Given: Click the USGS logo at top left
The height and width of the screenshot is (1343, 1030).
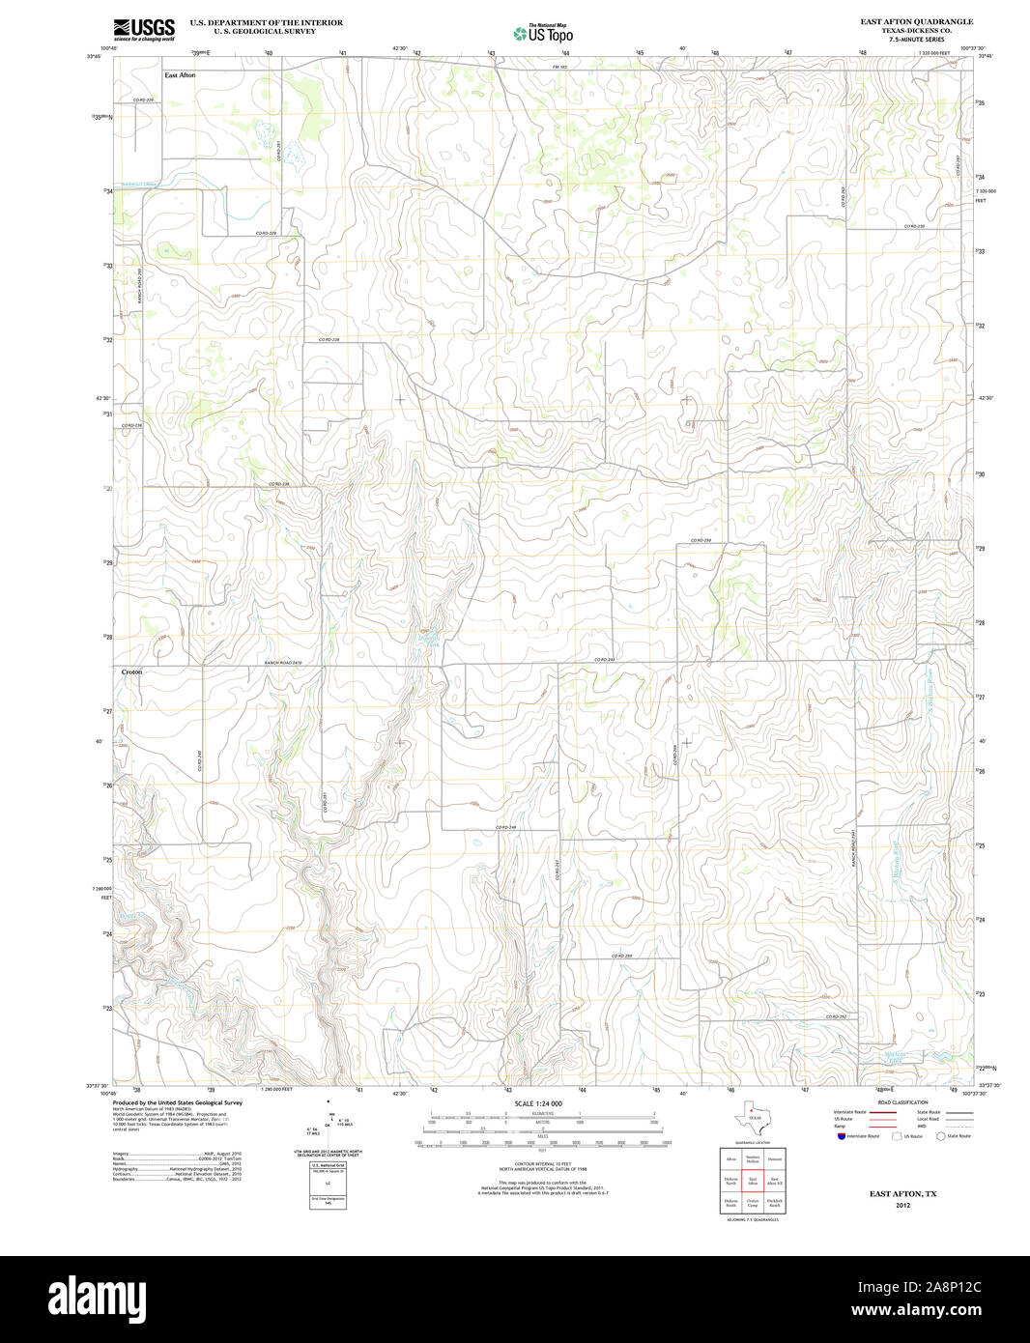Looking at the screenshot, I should click(143, 29).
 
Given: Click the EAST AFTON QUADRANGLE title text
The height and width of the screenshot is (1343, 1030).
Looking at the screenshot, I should click(917, 21).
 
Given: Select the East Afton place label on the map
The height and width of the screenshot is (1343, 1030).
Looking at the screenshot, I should click(180, 75).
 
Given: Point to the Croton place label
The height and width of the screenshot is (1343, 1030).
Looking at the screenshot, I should click(132, 671).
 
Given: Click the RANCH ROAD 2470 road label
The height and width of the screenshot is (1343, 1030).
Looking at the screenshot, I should click(284, 662).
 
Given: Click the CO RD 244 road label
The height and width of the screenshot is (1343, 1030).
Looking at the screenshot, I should click(605, 660).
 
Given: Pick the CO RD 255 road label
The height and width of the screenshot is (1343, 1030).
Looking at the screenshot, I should click(621, 956).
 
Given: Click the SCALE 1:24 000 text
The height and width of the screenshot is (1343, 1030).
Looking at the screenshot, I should click(538, 1103).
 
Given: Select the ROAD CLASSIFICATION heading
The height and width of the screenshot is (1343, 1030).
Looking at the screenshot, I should click(902, 1102).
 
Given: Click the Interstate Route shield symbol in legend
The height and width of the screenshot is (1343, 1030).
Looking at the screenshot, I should click(841, 1136).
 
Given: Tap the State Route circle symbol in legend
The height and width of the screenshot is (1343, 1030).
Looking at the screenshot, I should click(939, 1136).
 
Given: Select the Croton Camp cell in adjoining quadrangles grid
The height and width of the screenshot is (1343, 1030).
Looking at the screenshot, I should click(753, 1203).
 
